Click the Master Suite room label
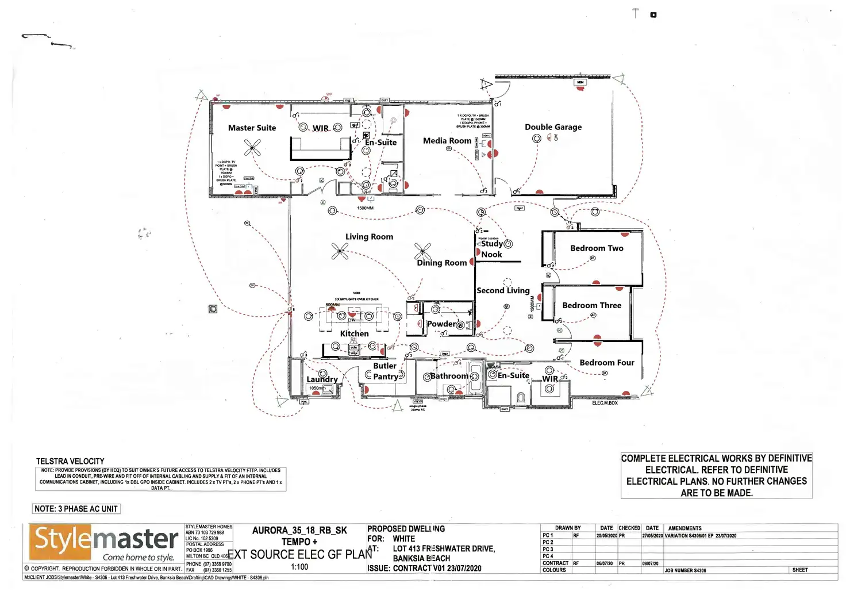[252, 128]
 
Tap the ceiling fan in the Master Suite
[252, 148]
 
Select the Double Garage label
[553, 127]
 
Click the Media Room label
[447, 141]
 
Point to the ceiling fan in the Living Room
[340, 251]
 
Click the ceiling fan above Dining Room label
[423, 251]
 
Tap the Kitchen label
[354, 333]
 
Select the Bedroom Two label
[597, 248]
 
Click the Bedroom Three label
[591, 305]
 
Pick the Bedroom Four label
[607, 363]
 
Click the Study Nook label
[492, 249]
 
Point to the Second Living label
[503, 291]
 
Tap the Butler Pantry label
[385, 371]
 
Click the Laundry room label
[322, 379]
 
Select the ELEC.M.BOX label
[605, 403]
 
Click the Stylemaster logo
[104, 543]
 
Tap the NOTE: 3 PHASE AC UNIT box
[76, 509]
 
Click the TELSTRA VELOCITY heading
[70, 461]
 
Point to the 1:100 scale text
[299, 567]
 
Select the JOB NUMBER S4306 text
[685, 571]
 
